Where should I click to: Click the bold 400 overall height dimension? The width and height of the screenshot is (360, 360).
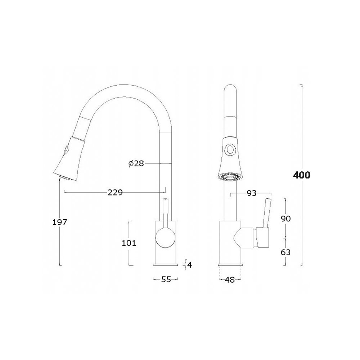[301, 175]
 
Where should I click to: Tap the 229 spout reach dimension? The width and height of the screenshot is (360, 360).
[115, 193]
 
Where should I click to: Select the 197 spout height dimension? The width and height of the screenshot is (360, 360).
[60, 222]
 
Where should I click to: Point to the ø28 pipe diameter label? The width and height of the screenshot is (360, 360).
[136, 163]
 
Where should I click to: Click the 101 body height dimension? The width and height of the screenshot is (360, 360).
[129, 243]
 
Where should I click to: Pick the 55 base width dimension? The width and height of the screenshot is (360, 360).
[166, 279]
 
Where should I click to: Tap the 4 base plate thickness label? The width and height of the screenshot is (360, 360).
[189, 265]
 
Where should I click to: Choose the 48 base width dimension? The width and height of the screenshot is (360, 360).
[230, 280]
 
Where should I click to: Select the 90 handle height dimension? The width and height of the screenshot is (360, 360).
[285, 219]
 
